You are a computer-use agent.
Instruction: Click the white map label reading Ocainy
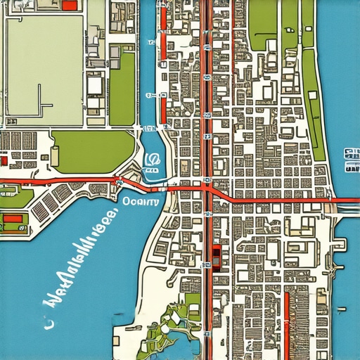(141, 200)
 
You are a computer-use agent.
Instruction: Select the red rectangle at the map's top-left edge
(69, 5)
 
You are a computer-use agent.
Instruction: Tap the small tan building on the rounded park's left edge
(54, 154)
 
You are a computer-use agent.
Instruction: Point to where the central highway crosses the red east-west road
(208, 190)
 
